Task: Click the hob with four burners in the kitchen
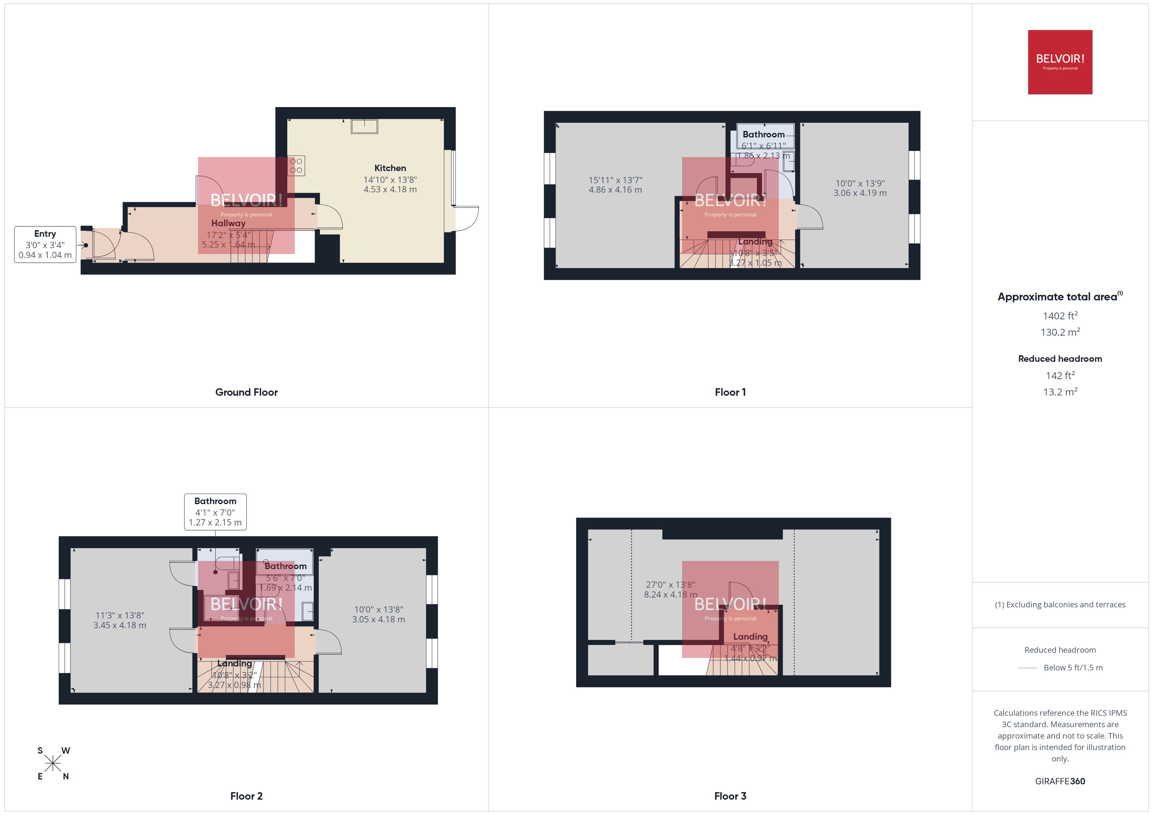(296, 166)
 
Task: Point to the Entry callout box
(45, 244)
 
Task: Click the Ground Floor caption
(246, 392)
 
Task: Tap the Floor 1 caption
(730, 392)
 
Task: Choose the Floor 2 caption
(246, 796)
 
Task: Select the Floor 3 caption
(730, 796)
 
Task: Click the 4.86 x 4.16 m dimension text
(615, 190)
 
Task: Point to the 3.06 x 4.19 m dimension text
(860, 193)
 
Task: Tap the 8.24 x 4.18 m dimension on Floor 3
(670, 595)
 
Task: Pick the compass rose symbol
(53, 764)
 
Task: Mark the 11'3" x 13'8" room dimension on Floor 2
(120, 615)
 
